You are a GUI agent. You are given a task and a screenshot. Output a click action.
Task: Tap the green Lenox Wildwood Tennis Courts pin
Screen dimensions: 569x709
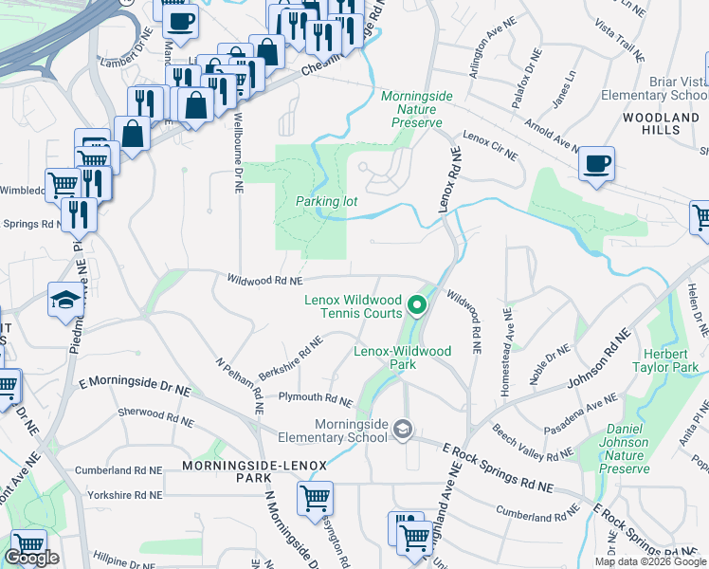[x=416, y=305]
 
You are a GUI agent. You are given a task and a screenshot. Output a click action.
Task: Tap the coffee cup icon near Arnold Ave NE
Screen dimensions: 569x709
[x=597, y=163]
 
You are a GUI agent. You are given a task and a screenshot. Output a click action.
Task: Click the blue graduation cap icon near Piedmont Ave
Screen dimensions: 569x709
[x=64, y=300]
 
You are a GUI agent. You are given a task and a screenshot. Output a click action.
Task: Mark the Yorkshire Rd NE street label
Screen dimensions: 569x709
[x=120, y=495]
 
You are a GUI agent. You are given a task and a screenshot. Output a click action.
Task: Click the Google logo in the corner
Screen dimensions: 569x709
[x=31, y=559]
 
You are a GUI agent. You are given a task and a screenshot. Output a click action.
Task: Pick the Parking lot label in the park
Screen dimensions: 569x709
[x=325, y=201]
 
